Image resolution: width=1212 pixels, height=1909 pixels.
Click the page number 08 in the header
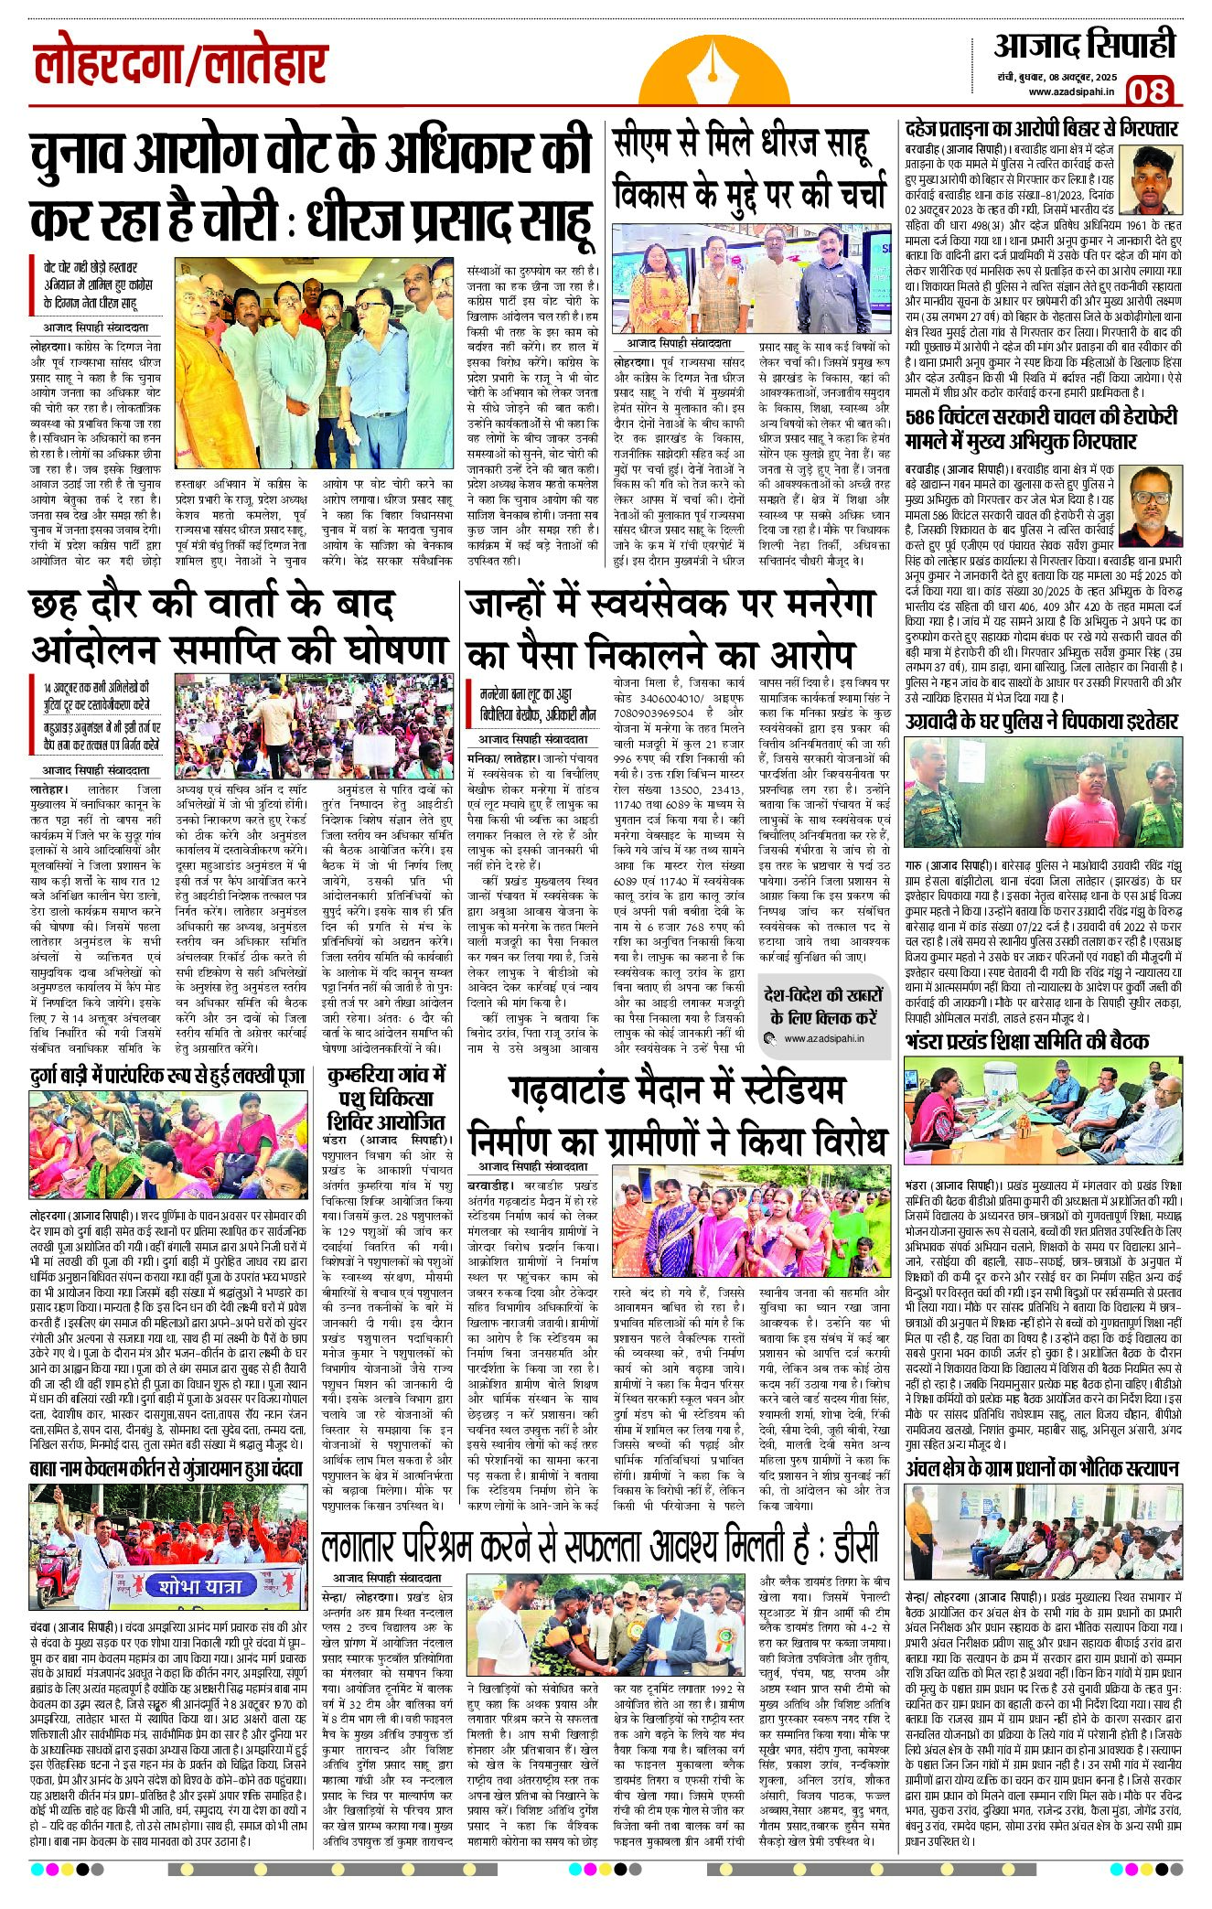(1149, 91)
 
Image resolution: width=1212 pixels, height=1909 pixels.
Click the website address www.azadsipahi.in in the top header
(1071, 91)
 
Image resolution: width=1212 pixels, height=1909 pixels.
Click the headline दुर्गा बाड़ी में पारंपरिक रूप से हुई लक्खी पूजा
(166, 1077)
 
